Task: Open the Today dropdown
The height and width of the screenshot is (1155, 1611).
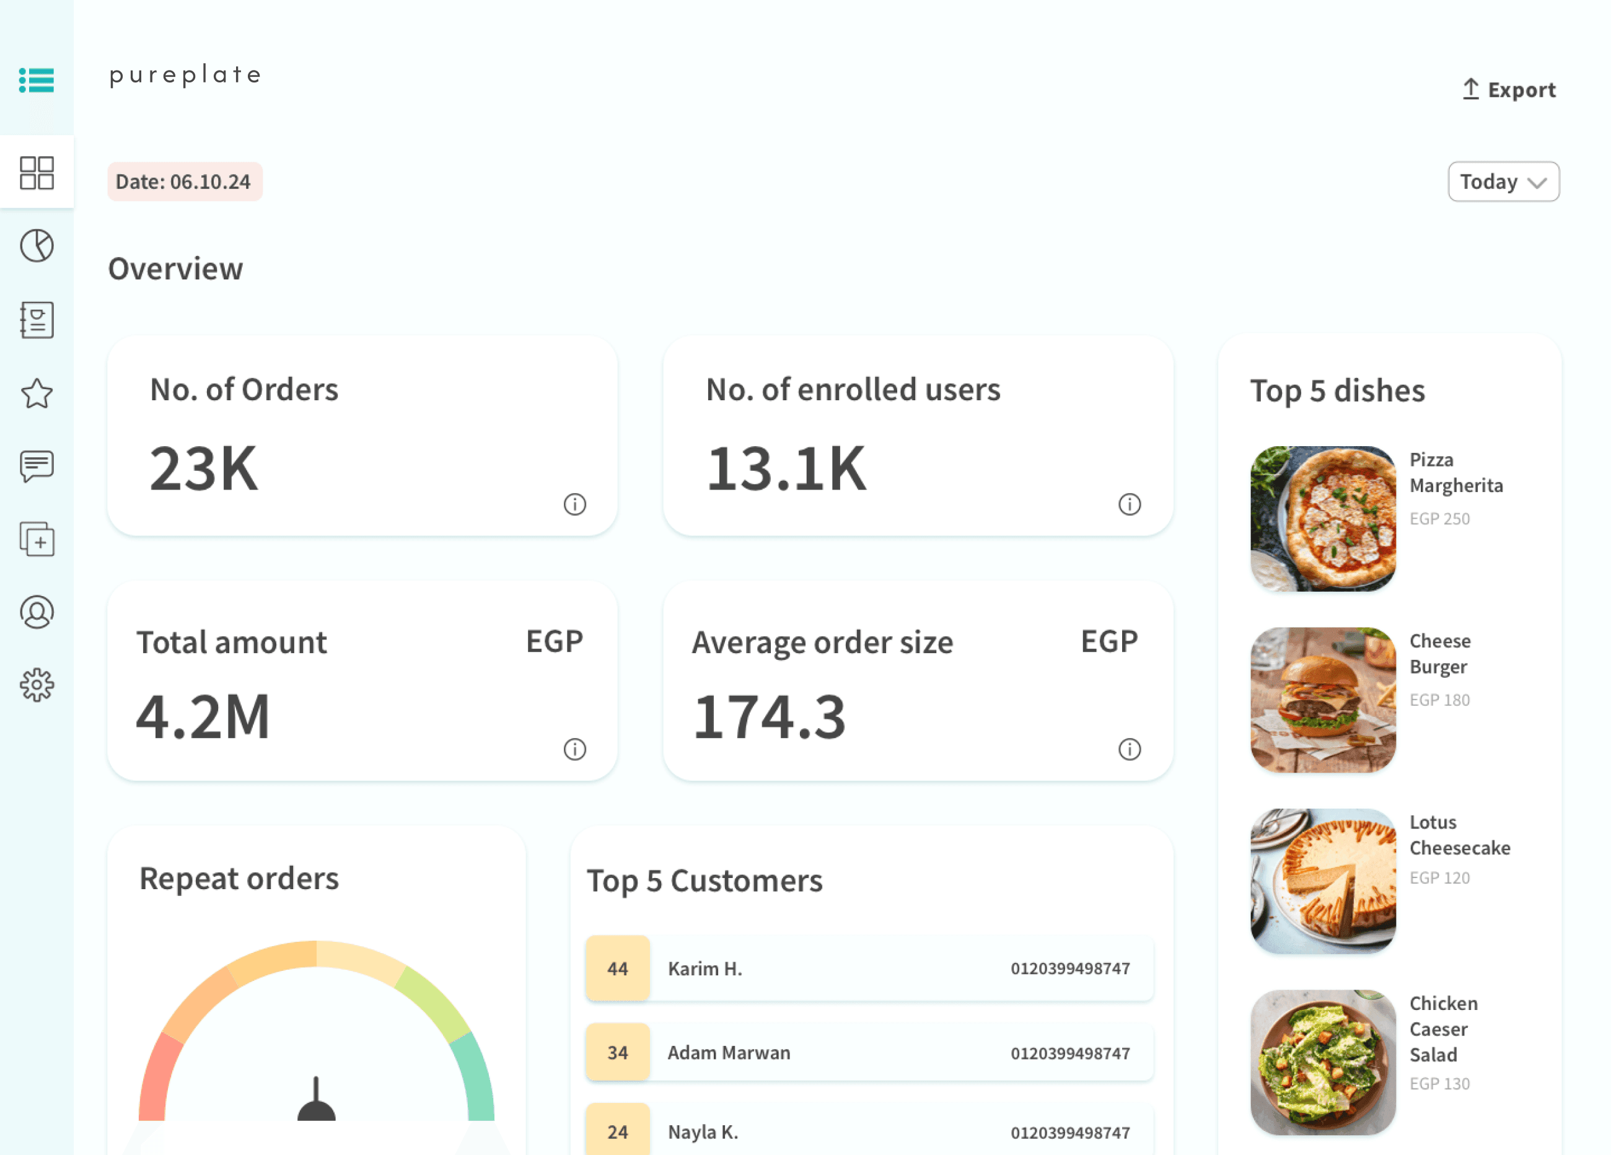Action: tap(1503, 182)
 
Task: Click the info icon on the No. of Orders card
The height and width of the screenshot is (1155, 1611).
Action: tap(574, 504)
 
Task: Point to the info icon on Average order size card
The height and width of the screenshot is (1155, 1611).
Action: tap(1130, 749)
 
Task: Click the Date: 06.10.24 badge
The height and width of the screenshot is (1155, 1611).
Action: tap(185, 182)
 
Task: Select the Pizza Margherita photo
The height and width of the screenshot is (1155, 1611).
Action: tap(1323, 519)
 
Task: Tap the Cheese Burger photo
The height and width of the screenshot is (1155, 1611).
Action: tap(1323, 700)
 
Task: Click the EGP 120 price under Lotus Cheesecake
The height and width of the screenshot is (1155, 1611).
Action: tap(1439, 878)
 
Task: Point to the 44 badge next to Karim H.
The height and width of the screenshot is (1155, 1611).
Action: tap(617, 968)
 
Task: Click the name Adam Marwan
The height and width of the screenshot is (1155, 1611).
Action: tap(729, 1053)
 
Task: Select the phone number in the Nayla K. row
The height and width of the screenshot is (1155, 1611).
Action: tap(1069, 1132)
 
